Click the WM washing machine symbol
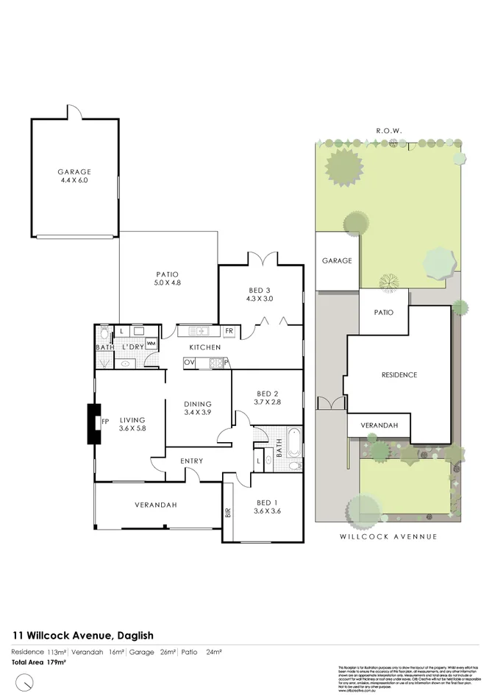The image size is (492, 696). (151, 343)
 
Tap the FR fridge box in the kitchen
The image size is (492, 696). (229, 331)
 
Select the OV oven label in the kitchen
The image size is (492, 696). (189, 362)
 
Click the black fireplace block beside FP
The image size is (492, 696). (94, 424)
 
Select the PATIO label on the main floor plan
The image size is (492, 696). (168, 272)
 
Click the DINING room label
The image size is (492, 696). (199, 404)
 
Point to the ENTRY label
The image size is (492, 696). (192, 461)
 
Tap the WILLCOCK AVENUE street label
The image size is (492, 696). (388, 537)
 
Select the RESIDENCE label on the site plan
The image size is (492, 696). (399, 375)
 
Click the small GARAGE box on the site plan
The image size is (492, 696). (337, 260)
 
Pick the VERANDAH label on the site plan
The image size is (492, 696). (378, 426)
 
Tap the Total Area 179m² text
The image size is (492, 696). (38, 662)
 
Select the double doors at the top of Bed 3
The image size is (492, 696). (262, 259)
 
